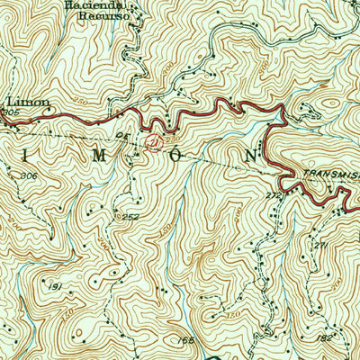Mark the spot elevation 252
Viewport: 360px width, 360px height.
130,217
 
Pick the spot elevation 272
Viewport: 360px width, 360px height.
274,193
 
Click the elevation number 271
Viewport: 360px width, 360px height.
317,245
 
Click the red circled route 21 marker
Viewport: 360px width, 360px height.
155,141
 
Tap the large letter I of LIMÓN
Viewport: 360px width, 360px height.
20,154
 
